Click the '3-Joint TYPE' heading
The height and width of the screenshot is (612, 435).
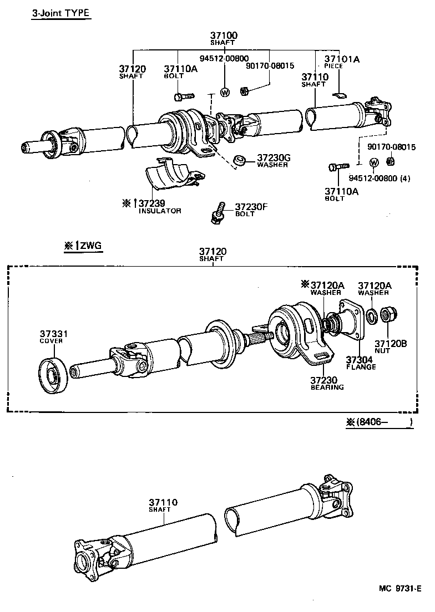tap(60, 13)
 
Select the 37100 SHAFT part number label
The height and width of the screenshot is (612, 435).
tap(224, 38)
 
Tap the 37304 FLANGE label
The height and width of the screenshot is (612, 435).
tap(361, 363)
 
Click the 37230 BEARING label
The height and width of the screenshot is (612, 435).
tap(327, 383)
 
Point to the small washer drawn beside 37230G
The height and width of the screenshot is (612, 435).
tap(240, 161)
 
